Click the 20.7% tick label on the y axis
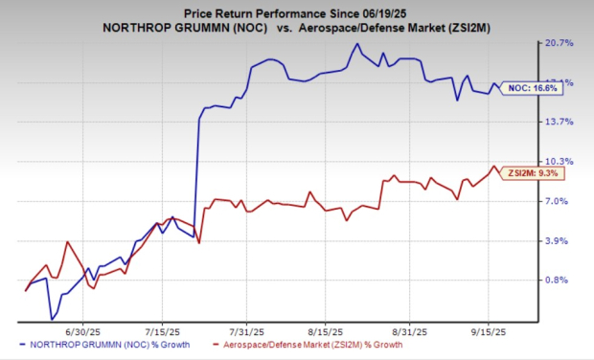[x=559, y=44]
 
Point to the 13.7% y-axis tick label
[x=559, y=123]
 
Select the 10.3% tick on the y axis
[x=559, y=162]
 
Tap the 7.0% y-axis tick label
[x=559, y=202]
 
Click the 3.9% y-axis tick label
[x=559, y=241]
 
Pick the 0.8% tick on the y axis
[x=559, y=281]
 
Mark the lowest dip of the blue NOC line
[x=52, y=319]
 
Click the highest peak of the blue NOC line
[x=357, y=44]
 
